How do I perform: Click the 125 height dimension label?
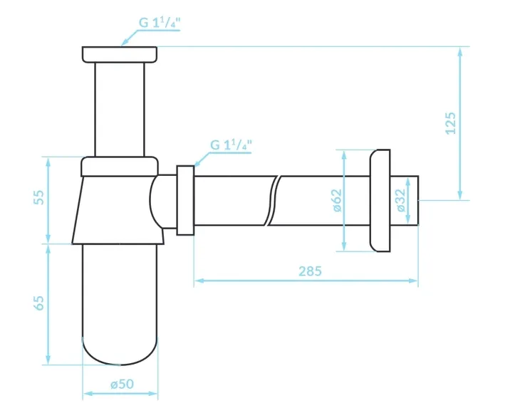(x=450, y=123)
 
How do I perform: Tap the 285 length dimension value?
(x=310, y=271)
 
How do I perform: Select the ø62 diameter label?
(x=336, y=200)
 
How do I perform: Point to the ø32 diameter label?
(x=400, y=200)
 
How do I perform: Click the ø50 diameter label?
(x=122, y=384)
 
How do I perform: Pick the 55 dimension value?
(x=38, y=197)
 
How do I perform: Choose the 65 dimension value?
(x=38, y=303)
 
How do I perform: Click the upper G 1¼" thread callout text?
(x=160, y=23)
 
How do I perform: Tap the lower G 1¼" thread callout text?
(x=231, y=145)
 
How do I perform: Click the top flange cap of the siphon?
(x=120, y=54)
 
